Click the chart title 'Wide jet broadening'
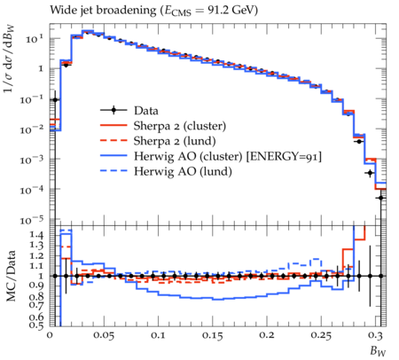(x=103, y=11)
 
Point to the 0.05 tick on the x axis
(x=104, y=336)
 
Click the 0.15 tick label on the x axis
(x=212, y=336)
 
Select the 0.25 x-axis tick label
(x=321, y=336)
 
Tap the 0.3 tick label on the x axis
(x=377, y=336)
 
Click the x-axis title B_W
(x=378, y=351)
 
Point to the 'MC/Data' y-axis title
(x=11, y=276)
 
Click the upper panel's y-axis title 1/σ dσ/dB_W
(x=9, y=59)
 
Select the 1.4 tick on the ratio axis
(x=36, y=235)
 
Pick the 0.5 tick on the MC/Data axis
(x=36, y=325)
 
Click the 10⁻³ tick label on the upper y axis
(x=32, y=160)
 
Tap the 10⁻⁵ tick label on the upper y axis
(x=32, y=221)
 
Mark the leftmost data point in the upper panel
(x=55, y=100)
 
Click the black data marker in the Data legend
(x=113, y=111)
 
